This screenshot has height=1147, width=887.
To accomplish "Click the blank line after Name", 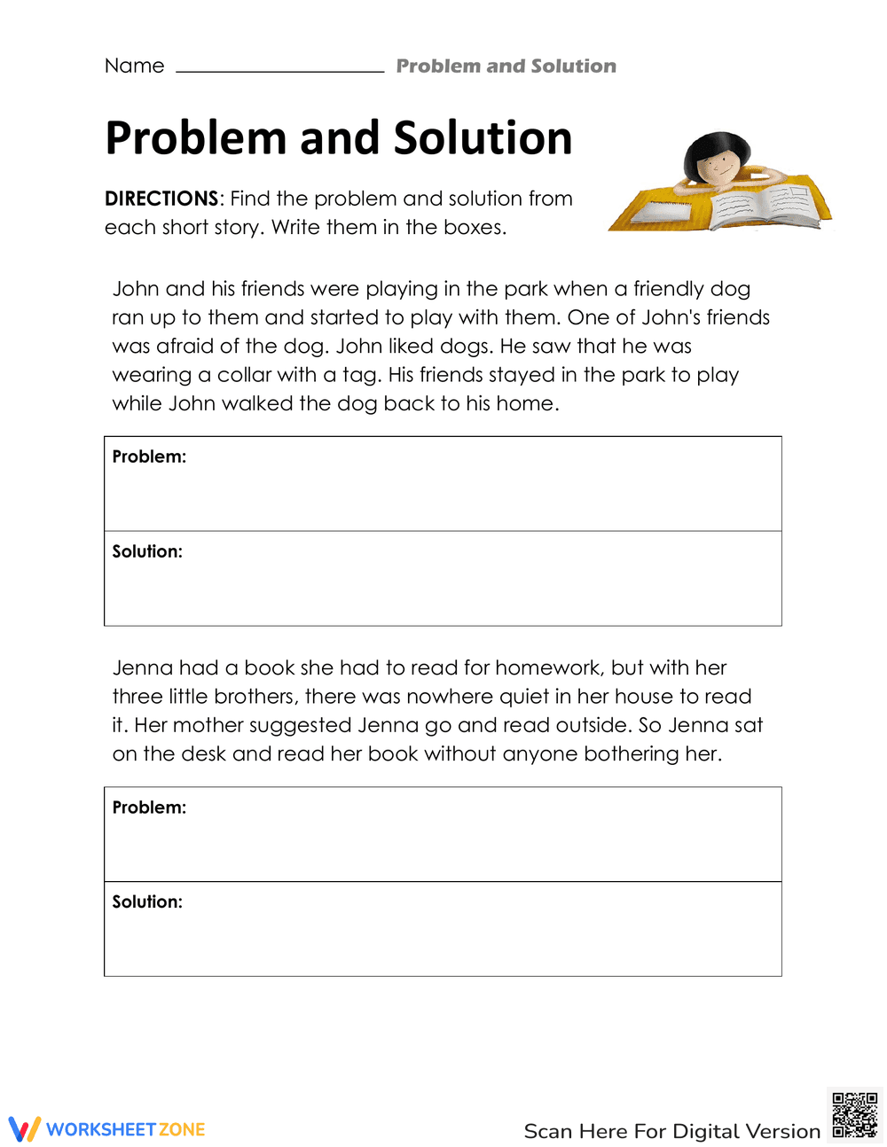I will [x=279, y=69].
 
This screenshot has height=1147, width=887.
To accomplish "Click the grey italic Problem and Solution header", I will [x=506, y=66].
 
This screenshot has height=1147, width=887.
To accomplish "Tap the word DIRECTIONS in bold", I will [x=161, y=199].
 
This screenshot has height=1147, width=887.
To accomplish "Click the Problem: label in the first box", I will [x=149, y=456].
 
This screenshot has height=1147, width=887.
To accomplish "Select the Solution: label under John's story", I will [x=147, y=551].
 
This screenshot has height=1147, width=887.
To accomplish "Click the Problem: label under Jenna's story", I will [x=149, y=808].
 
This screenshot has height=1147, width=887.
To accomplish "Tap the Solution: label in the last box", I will [x=147, y=901].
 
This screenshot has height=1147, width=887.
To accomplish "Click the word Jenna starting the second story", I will [x=143, y=667].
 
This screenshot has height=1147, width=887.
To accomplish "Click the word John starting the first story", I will [x=136, y=289].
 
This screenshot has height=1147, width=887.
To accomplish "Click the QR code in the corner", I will [x=855, y=1114].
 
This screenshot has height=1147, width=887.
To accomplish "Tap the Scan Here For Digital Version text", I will [x=671, y=1131].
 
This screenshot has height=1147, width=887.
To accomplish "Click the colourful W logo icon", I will [x=24, y=1128].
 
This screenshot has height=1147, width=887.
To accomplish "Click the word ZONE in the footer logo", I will [x=182, y=1129].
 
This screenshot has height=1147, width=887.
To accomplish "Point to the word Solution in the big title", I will [x=483, y=139].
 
